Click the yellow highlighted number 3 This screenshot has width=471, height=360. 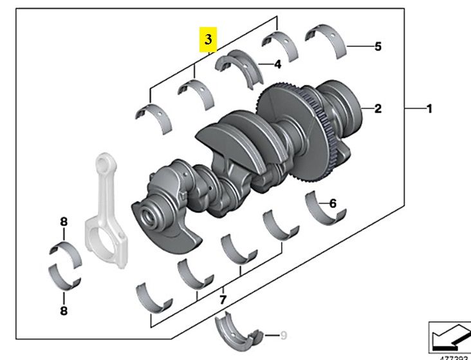tap(207, 39)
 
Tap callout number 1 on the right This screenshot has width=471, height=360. tap(429, 109)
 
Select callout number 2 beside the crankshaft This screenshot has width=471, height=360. tap(378, 109)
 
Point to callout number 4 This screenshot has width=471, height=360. tap(277, 64)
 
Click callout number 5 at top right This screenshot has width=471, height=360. tap(378, 46)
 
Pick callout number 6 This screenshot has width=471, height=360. tap(333, 204)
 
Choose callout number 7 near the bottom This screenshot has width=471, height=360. tap(223, 299)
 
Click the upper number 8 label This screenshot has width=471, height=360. tap(64, 222)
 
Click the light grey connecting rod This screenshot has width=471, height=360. tap(104, 206)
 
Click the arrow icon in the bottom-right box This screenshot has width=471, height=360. tap(449, 335)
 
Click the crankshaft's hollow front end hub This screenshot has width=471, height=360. tap(152, 216)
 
